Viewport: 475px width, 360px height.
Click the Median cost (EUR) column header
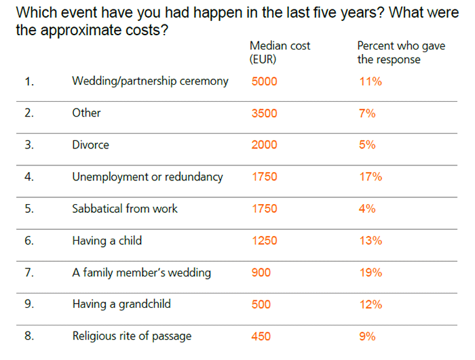[x=280, y=52]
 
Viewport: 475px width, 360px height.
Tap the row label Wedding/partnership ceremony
[x=150, y=81]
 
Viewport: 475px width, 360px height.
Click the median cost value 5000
[x=264, y=81]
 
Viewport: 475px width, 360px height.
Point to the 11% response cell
[x=371, y=81]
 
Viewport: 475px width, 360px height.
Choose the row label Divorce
[x=90, y=145]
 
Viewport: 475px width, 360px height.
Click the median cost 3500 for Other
[x=264, y=113]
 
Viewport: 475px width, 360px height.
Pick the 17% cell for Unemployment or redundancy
[x=371, y=177]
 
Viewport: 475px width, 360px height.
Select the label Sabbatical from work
[x=125, y=209]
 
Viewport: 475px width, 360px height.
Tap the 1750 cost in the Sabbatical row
[x=264, y=209]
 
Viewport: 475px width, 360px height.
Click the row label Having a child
[x=107, y=241]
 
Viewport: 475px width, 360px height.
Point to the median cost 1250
[x=264, y=241]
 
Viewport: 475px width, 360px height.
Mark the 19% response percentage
[x=371, y=273]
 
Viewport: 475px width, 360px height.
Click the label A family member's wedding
[x=141, y=273]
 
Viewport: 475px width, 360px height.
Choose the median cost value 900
[x=261, y=273]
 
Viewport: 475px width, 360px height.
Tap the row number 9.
[x=29, y=304]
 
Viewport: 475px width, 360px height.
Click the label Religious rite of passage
[x=132, y=336]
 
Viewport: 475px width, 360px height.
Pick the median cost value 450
[x=261, y=336]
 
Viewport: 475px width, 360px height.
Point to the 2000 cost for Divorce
[x=264, y=145]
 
